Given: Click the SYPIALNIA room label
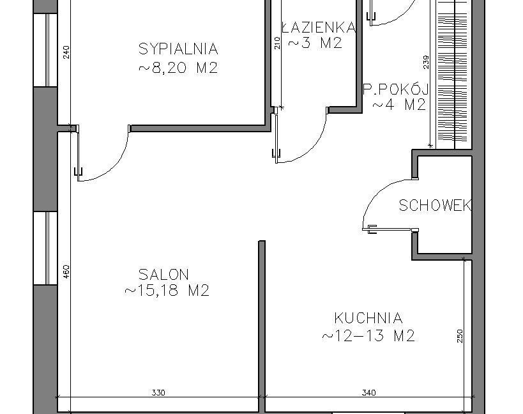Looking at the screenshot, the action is pyautogui.click(x=178, y=49).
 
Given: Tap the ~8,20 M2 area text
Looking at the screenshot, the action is pyautogui.click(x=178, y=68).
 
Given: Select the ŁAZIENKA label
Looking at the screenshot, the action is pyautogui.click(x=319, y=27).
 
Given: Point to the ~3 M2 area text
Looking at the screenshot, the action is pyautogui.click(x=315, y=43).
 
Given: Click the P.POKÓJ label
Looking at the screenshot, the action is pyautogui.click(x=395, y=89).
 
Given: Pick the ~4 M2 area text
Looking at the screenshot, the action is pyautogui.click(x=399, y=105).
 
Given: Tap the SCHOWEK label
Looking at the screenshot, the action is pyautogui.click(x=436, y=206).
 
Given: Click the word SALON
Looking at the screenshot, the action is pyautogui.click(x=163, y=275).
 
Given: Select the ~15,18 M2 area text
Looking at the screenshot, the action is pyautogui.click(x=167, y=290).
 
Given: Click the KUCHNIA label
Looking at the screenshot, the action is pyautogui.click(x=368, y=318).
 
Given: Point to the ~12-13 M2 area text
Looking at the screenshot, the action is pyautogui.click(x=368, y=335).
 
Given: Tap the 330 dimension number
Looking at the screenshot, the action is pyautogui.click(x=158, y=393).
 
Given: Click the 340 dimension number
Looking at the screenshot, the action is pyautogui.click(x=368, y=393).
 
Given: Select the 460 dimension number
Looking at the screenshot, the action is pyautogui.click(x=66, y=272).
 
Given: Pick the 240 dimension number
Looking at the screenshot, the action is pyautogui.click(x=66, y=52).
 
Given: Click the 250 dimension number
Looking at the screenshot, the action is pyautogui.click(x=460, y=336).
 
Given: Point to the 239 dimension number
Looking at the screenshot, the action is pyautogui.click(x=425, y=63).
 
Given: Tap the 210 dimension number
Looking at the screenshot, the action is pyautogui.click(x=277, y=43).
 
